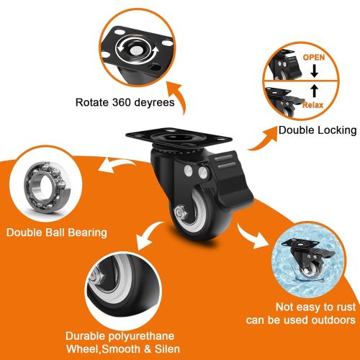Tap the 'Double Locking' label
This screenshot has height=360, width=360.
(318, 130)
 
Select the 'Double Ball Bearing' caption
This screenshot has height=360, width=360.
(57, 233)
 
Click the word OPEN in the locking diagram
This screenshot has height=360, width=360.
(313, 56)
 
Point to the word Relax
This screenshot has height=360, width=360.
(312, 104)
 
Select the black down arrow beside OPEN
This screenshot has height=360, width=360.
(314, 71)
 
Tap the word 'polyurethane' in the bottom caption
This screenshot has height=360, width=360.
(148, 337)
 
